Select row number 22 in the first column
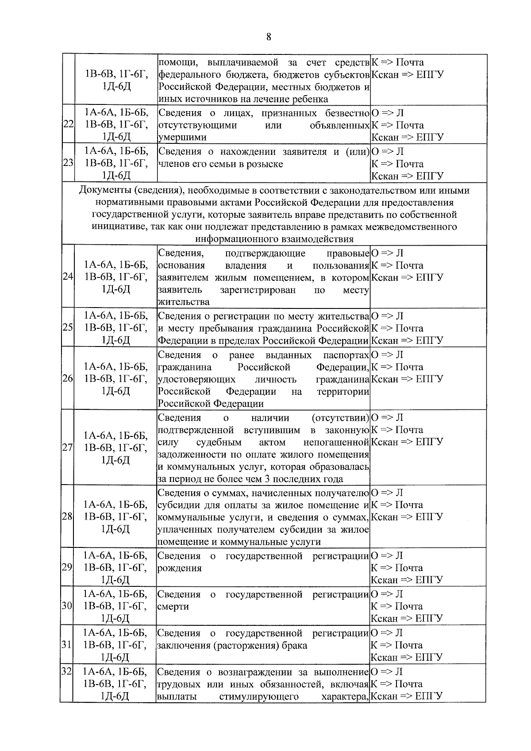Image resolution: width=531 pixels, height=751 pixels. pyautogui.click(x=68, y=125)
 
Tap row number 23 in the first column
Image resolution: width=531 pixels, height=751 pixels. pyautogui.click(x=68, y=163)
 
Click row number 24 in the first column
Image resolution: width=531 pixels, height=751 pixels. pyautogui.click(x=68, y=277)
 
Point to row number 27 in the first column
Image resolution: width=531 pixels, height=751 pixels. pyautogui.click(x=68, y=448)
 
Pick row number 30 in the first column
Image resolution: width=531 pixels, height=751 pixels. pyautogui.click(x=68, y=606)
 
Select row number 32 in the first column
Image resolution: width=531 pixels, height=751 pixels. pyautogui.click(x=66, y=671)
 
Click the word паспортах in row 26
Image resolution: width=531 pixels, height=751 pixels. pyautogui.click(x=346, y=355)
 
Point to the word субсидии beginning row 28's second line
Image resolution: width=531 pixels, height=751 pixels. pyautogui.click(x=177, y=505)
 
